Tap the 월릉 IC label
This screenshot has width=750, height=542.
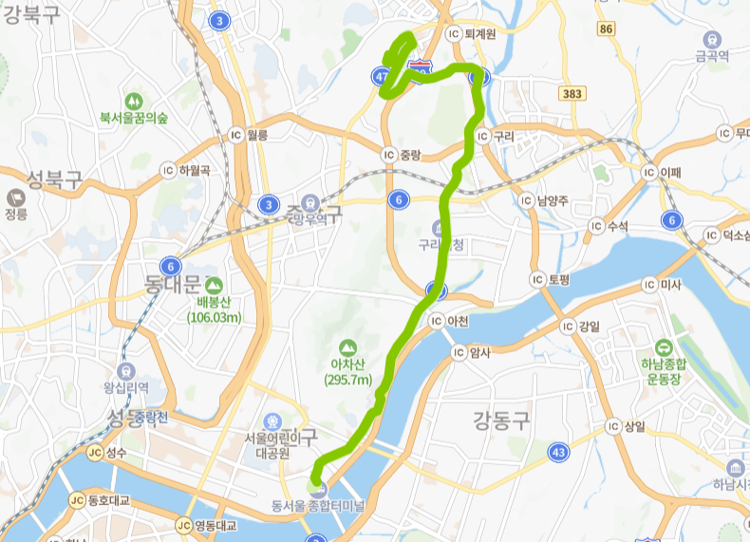[x=256, y=136]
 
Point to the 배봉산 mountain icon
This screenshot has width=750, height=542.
[x=213, y=284]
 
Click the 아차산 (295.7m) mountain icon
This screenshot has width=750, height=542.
[x=347, y=348]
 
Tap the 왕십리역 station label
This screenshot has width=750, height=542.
[x=127, y=387]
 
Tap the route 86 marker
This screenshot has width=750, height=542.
[x=608, y=29]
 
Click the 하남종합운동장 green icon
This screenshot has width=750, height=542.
[x=662, y=347]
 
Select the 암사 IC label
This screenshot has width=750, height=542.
[x=474, y=352]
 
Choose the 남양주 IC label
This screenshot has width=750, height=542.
[x=552, y=200]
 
